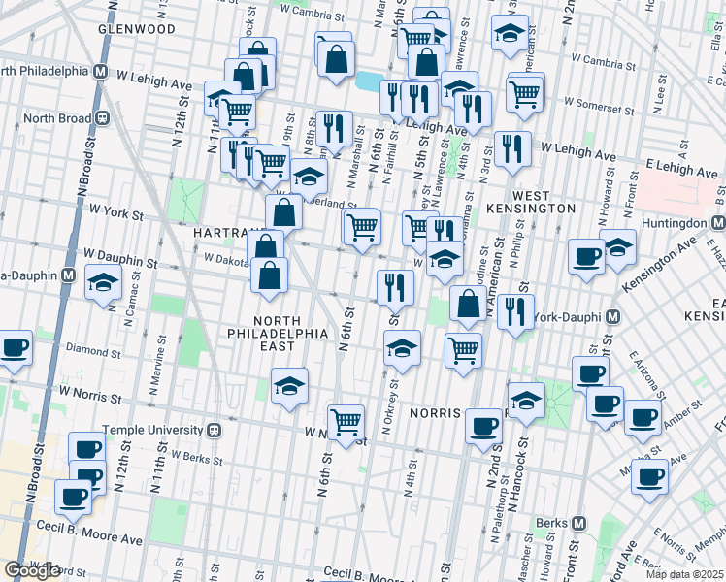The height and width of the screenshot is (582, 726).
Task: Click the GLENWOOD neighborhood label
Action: [x=137, y=29]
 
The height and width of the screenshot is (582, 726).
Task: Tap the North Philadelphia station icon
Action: [x=100, y=72]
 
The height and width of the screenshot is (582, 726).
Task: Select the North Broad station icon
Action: [x=101, y=118]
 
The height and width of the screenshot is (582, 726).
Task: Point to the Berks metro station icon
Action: [x=579, y=523]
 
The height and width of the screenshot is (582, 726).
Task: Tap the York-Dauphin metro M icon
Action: [x=613, y=317]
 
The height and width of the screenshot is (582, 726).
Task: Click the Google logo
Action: [x=32, y=569]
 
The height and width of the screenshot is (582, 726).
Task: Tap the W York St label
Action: [x=115, y=210]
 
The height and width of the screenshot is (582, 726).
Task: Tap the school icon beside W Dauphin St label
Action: [x=103, y=282]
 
